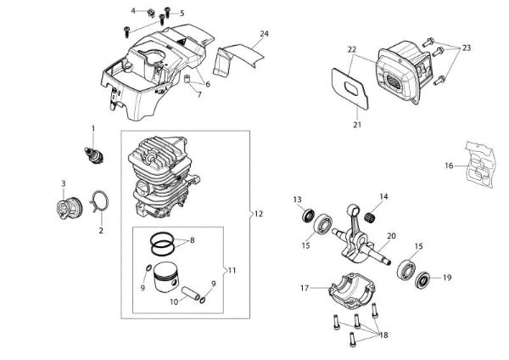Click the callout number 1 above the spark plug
click(93, 127)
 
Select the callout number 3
click(63, 183)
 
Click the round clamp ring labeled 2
click(99, 202)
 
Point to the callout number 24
click(265, 33)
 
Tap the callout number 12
click(258, 214)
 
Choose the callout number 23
click(466, 49)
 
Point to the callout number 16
click(449, 166)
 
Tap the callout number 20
click(391, 236)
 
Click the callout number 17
click(305, 288)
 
